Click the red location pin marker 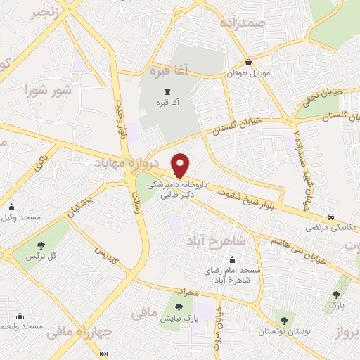click(180, 165)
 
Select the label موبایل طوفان click(248, 72)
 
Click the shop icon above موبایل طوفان click(249, 62)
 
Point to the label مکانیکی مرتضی click(332, 228)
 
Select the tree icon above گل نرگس click(40, 245)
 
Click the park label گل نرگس click(40, 257)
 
